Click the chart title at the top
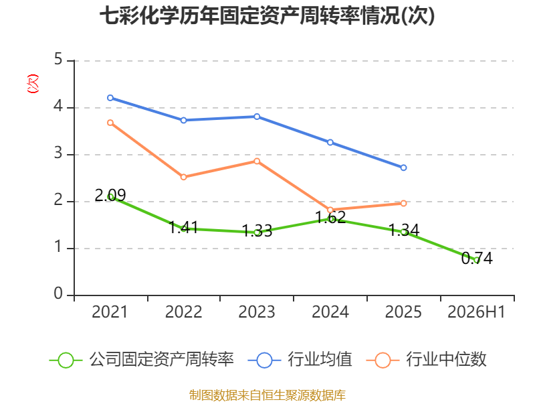click(267, 16)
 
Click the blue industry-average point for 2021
click(110, 98)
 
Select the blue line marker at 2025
click(403, 167)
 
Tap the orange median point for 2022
click(183, 177)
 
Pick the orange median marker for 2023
click(257, 161)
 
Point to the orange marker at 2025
click(403, 204)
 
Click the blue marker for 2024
click(330, 142)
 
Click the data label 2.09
click(110, 195)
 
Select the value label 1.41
click(183, 227)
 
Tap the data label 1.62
click(330, 217)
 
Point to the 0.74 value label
click(477, 259)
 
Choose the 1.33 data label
click(257, 231)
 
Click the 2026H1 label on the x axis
click(476, 312)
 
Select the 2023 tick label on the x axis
click(257, 312)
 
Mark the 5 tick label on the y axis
click(58, 59)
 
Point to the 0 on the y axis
click(58, 293)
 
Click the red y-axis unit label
click(33, 84)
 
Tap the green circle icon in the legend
click(66, 360)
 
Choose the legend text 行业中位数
click(446, 360)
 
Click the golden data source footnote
click(267, 395)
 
